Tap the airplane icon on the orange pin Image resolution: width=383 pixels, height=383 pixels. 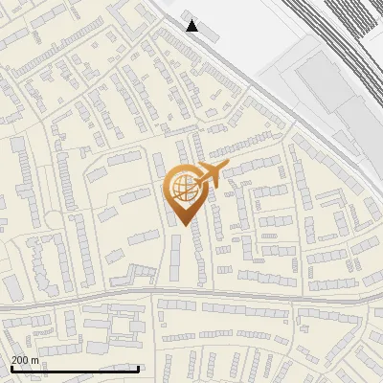(x=209, y=175)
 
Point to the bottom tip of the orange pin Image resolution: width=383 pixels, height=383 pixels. (x=182, y=224)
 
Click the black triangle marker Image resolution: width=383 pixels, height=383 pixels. (x=192, y=26)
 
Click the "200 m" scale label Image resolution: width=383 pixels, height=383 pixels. (x=25, y=360)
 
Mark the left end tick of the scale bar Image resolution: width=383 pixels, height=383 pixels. (x=11, y=369)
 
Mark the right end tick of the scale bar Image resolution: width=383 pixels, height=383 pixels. (x=139, y=369)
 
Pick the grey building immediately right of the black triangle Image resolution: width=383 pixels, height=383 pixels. (x=209, y=33)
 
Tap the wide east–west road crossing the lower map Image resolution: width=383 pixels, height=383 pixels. (x=239, y=296)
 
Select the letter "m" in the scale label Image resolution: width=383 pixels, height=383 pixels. (x=34, y=360)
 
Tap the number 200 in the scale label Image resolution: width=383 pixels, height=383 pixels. (x=20, y=360)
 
